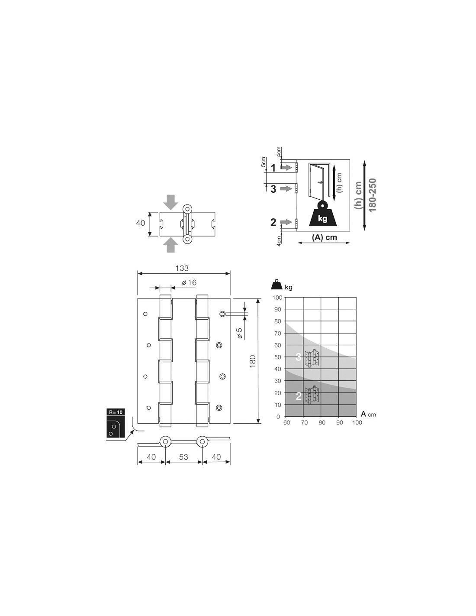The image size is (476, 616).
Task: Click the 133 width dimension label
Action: pos(182,268)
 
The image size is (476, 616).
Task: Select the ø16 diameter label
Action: pos(189,282)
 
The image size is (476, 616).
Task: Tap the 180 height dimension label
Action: pos(253,361)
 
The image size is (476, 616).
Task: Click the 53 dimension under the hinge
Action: pos(184,457)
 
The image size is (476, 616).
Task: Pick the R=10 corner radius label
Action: pos(116,412)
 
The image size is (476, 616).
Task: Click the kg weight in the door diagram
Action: pos(322,219)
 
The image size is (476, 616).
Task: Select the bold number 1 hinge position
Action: pos(273,168)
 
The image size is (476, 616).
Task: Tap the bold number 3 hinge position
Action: pos(273,189)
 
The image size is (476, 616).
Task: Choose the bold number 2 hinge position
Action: pos(273,223)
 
